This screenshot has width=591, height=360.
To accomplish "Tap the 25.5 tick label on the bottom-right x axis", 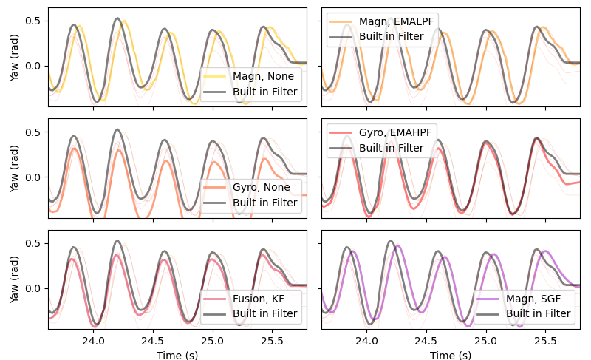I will [x=545, y=341].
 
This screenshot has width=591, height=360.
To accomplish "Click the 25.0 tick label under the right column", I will [x=485, y=341].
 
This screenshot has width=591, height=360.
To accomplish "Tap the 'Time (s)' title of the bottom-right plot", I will [x=451, y=354].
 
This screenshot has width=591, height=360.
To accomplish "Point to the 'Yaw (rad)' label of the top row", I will [x=16, y=57].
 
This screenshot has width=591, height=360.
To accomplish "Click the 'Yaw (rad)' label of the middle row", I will [x=16, y=169].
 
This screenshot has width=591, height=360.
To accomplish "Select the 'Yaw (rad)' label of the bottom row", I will [x=16, y=279].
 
